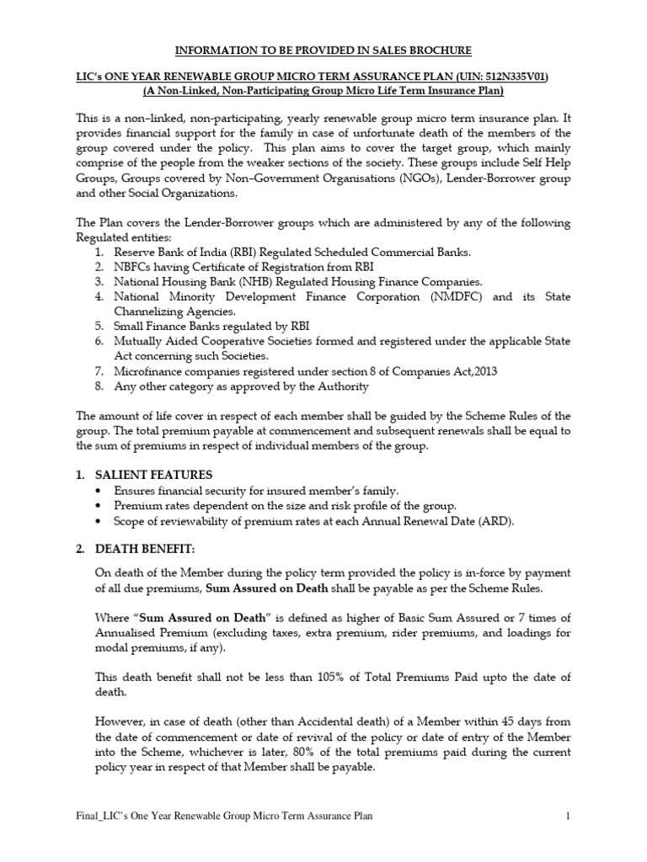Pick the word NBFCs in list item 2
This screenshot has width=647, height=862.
click(x=134, y=267)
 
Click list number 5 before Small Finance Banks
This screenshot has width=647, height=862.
click(x=99, y=326)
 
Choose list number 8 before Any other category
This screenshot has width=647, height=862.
click(x=99, y=386)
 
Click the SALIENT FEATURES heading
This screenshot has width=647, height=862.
click(x=155, y=475)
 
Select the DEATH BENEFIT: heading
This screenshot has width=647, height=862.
click(x=146, y=550)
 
